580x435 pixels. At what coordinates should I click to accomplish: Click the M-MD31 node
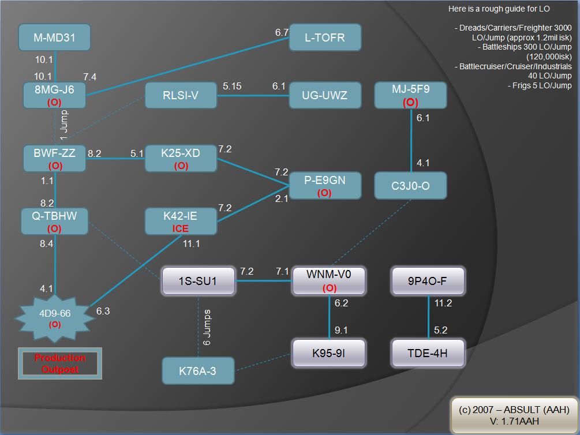pyautogui.click(x=54, y=38)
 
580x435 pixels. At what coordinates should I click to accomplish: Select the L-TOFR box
pyautogui.click(x=325, y=38)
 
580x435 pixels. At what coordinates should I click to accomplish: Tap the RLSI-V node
pyautogui.click(x=180, y=96)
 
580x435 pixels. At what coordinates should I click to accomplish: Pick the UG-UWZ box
pyautogui.click(x=325, y=96)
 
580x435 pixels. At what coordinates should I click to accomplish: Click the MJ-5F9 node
pyautogui.click(x=410, y=95)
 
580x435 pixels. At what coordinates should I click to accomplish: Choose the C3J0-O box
pyautogui.click(x=410, y=186)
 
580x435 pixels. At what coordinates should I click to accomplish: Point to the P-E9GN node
pyautogui.click(x=325, y=186)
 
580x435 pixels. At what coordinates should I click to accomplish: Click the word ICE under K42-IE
pyautogui.click(x=181, y=228)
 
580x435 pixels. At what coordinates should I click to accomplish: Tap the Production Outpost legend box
pyautogui.click(x=60, y=363)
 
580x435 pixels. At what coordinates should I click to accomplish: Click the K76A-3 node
pyautogui.click(x=197, y=370)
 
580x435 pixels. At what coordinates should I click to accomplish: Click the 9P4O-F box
pyautogui.click(x=428, y=281)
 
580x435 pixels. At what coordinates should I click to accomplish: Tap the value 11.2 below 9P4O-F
pyautogui.click(x=443, y=303)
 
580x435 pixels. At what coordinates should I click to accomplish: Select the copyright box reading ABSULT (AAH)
pyautogui.click(x=514, y=415)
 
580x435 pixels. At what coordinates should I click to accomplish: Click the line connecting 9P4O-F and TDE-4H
pyautogui.click(x=428, y=317)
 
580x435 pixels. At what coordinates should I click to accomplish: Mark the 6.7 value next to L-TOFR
pyautogui.click(x=282, y=32)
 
